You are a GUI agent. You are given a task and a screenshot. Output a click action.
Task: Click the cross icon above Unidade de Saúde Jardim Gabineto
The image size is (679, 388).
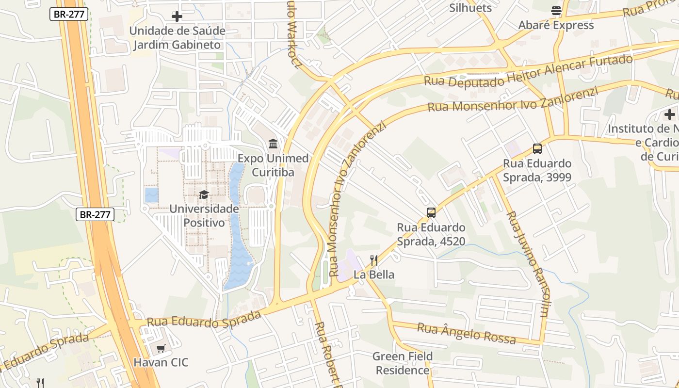point(177,16)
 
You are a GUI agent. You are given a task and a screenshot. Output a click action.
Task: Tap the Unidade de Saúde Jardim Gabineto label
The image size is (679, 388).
point(177,38)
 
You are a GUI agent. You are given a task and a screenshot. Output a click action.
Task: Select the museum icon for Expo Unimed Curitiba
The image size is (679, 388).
point(273,144)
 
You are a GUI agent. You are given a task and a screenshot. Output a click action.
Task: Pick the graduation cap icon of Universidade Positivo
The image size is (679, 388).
point(204,194)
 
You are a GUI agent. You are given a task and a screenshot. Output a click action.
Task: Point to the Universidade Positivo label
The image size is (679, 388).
point(204,215)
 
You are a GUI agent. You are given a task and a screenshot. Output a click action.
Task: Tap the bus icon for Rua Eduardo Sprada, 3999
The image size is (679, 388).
point(537,149)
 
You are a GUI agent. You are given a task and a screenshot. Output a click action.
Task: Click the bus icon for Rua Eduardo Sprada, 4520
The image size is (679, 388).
point(431,212)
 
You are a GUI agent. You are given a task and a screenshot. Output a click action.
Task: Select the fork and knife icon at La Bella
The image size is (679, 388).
point(373,260)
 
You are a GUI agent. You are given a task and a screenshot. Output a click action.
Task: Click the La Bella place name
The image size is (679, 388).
point(373,275)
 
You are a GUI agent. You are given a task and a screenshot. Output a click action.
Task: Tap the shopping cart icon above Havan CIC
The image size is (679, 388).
point(161,348)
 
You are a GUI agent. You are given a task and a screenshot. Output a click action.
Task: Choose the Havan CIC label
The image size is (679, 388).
point(161,362)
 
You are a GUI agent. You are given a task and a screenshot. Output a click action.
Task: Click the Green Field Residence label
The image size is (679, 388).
point(403,363)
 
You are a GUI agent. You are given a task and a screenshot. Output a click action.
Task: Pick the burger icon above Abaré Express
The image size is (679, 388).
point(556,11)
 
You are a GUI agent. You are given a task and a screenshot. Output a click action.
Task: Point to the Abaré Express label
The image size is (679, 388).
point(556,25)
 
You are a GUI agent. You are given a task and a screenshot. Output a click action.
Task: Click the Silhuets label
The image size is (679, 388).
point(470,8)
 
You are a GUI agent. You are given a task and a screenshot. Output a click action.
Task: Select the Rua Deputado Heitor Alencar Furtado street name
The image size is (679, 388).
point(528,70)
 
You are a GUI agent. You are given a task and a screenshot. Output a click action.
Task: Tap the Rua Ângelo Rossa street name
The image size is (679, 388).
point(466,334)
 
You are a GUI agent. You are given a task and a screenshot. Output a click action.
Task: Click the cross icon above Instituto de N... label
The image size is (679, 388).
point(670,114)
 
